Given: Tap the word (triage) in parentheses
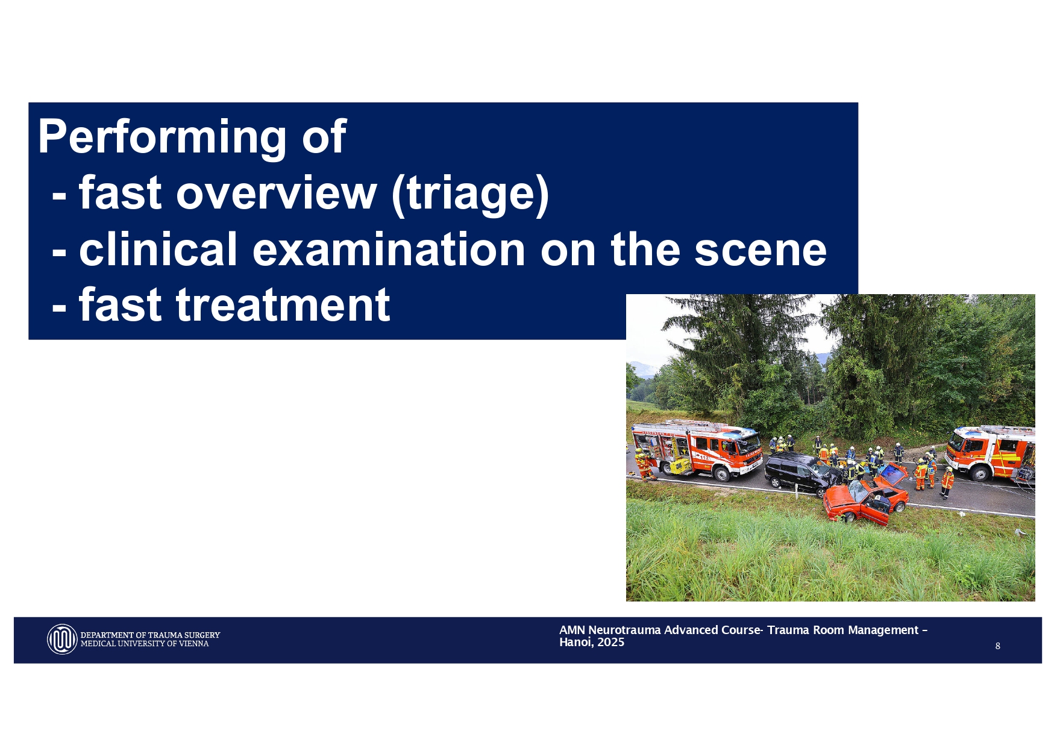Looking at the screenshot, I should pyautogui.click(x=470, y=193).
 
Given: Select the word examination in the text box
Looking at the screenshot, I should pyautogui.click(x=389, y=250).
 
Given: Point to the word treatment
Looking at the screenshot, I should pyautogui.click(x=283, y=305).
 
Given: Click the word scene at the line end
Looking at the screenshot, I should pyautogui.click(x=761, y=250).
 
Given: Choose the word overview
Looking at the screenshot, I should pyautogui.click(x=276, y=193).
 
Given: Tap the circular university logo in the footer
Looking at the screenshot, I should pyautogui.click(x=62, y=639).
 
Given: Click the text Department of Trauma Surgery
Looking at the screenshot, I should pyautogui.click(x=150, y=635).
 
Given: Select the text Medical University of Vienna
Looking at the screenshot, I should pyautogui.click(x=145, y=644).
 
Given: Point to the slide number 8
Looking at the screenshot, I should pyautogui.click(x=997, y=646).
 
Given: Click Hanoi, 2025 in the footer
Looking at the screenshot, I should pyautogui.click(x=591, y=643).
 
